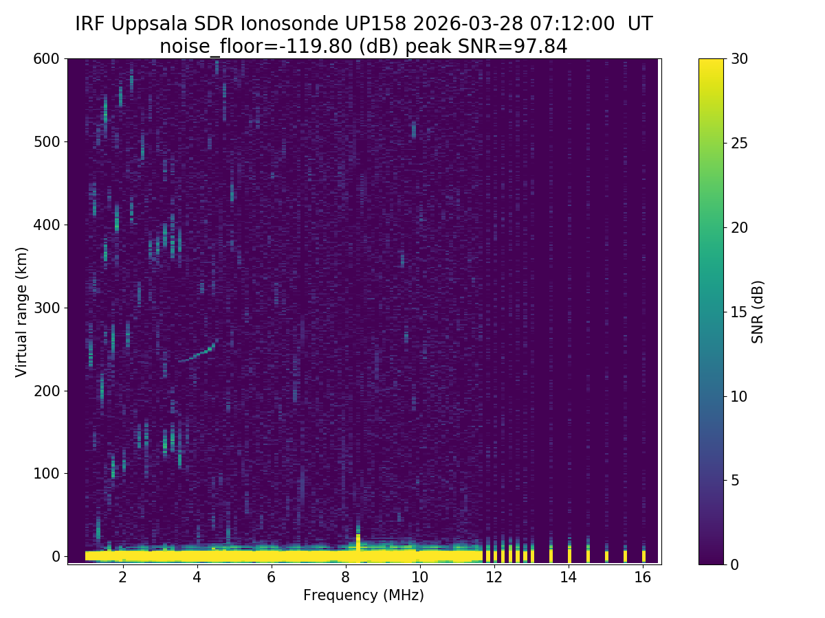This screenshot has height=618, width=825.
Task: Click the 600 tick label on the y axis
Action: (x=46, y=59)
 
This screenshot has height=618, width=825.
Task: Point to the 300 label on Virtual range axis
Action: (x=46, y=308)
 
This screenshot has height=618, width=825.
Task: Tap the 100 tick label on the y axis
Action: (x=46, y=473)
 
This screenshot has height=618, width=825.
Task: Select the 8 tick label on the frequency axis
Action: (x=346, y=577)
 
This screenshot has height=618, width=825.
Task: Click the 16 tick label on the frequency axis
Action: (x=643, y=577)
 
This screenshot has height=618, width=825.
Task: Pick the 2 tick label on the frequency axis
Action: (x=123, y=577)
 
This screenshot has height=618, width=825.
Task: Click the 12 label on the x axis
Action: (x=494, y=577)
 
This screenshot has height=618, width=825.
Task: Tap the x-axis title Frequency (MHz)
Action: (x=364, y=595)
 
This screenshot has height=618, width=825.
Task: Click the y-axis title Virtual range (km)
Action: (x=22, y=311)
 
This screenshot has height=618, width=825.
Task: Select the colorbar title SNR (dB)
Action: (x=758, y=311)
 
